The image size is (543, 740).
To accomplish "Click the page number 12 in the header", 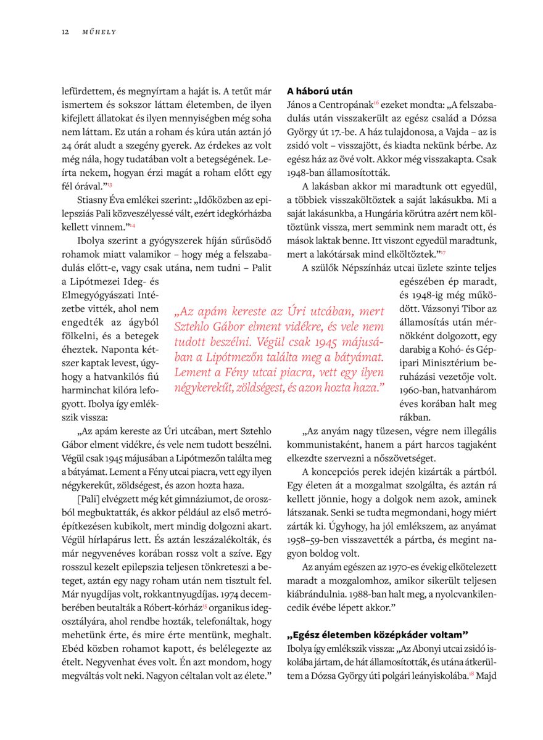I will tap(65, 31).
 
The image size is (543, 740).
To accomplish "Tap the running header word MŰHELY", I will tap(99, 31).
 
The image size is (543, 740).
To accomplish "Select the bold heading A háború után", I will tap(320, 91).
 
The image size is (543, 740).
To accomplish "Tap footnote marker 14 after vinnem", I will tap(132, 226).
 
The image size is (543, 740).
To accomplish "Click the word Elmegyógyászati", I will tap(99, 295).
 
